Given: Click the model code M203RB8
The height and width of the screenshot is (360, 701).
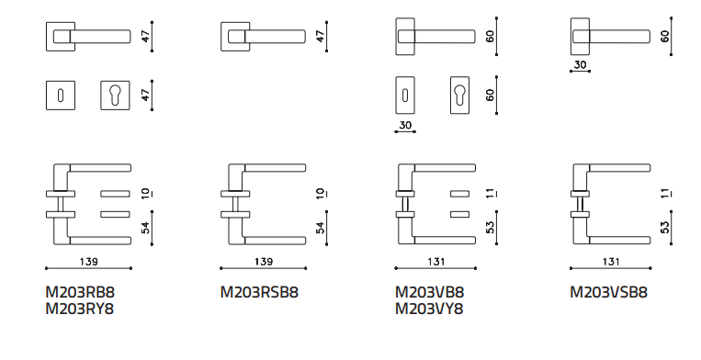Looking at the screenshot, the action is tap(80, 292).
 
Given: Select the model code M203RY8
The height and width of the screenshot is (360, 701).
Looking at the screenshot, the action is tap(80, 309).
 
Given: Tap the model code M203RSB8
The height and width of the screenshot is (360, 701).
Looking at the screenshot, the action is tap(259, 292).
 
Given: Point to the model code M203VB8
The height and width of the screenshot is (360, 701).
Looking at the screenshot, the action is tap(430, 292).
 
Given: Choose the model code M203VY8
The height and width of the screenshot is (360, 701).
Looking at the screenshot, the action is tap(429, 309).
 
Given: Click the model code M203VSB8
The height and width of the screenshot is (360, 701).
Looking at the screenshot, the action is tap(608, 292).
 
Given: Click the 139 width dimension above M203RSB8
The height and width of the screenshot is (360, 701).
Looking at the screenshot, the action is tap(264, 262).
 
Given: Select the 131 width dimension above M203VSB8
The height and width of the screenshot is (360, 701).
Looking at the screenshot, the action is tap(611, 262).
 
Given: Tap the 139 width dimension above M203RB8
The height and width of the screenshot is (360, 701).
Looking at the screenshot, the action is tap(88, 262).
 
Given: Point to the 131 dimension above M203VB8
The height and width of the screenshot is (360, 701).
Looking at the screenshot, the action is tap(435, 262).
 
